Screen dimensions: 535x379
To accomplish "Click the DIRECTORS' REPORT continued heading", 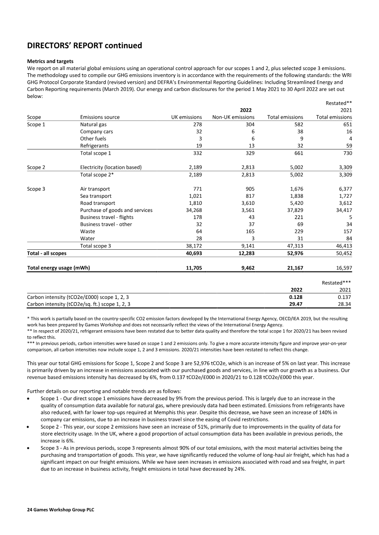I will pyautogui.click(x=84, y=46).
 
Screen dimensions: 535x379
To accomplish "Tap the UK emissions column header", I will pyautogui.click(x=187, y=117).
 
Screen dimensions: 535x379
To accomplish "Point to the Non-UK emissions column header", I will pyautogui.click(x=233, y=117).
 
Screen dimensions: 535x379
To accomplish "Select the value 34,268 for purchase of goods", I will pyautogui.click(x=192, y=210).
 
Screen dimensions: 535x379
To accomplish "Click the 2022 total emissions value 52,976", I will pyautogui.click(x=293, y=254).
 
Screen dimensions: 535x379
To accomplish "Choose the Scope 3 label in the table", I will pyautogui.click(x=36, y=188).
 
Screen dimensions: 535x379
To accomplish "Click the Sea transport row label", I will pyautogui.click(x=96, y=195).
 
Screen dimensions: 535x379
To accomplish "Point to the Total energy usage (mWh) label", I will pyautogui.click(x=59, y=267).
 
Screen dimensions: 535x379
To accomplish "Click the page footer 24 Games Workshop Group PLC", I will pyautogui.click(x=57, y=511).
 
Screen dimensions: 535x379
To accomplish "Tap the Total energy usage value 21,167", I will pyautogui.click(x=293, y=267).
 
